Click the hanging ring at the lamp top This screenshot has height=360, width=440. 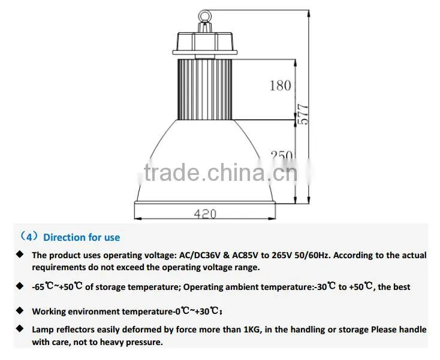[x=200, y=16]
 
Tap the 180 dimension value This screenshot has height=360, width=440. [x=280, y=86]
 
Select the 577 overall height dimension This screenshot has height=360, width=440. [x=303, y=114]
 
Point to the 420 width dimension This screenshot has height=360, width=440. [x=205, y=214]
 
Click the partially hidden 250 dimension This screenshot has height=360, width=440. [x=282, y=155]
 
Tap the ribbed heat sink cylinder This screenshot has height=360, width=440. [x=205, y=89]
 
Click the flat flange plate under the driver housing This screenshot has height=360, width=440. [x=205, y=53]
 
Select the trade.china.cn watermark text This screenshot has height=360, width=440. [x=220, y=173]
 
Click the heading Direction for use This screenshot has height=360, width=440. [x=82, y=237]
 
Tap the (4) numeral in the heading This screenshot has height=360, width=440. [x=29, y=237]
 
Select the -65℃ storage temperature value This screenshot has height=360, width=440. [x=43, y=287]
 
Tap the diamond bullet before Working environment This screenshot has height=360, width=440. [x=20, y=310]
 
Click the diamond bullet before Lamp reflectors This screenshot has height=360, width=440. [x=20, y=328]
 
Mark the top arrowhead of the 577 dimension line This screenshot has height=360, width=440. [x=309, y=14]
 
